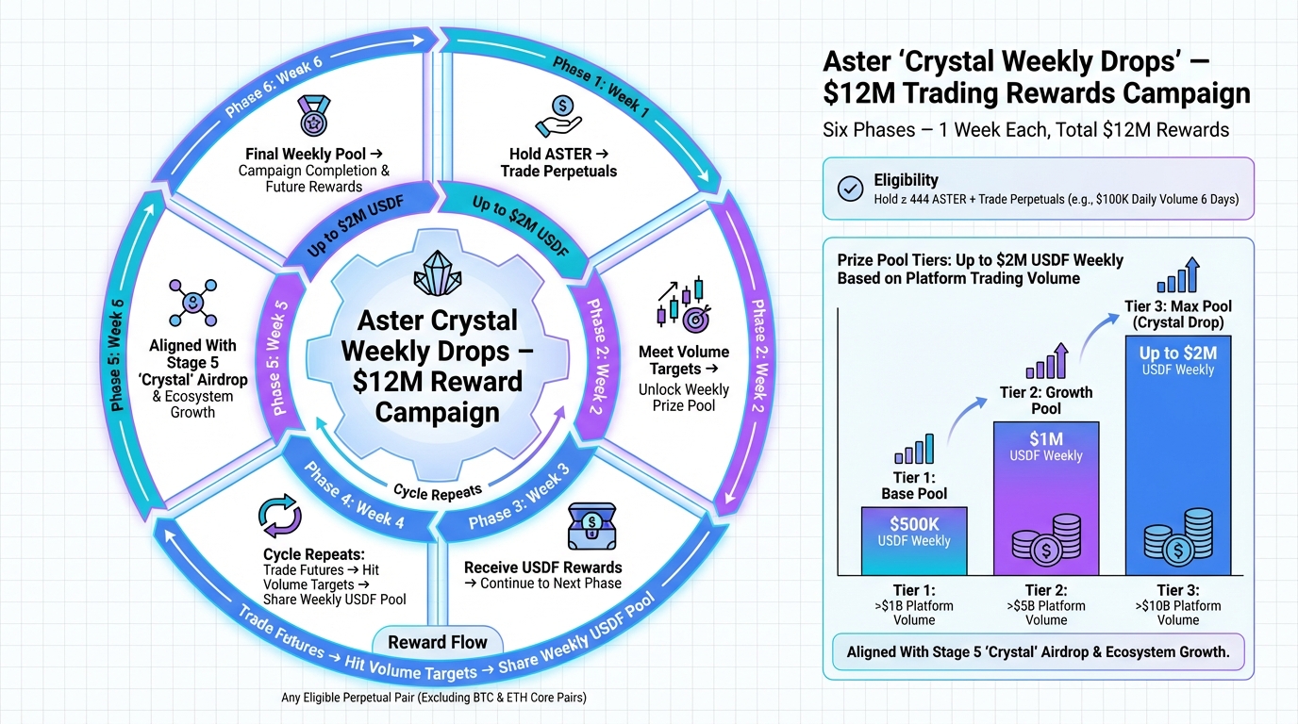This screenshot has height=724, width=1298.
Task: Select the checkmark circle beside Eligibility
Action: pyautogui.click(x=851, y=189)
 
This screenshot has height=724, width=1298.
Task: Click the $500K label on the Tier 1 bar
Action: pyautogui.click(x=914, y=523)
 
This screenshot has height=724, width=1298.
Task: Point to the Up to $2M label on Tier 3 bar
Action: pyautogui.click(x=1178, y=354)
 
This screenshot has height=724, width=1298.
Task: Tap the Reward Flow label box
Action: pyautogui.click(x=438, y=643)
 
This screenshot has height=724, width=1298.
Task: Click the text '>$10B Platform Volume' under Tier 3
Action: pyautogui.click(x=1178, y=613)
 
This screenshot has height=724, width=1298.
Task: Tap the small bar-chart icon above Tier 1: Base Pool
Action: pyautogui.click(x=913, y=450)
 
